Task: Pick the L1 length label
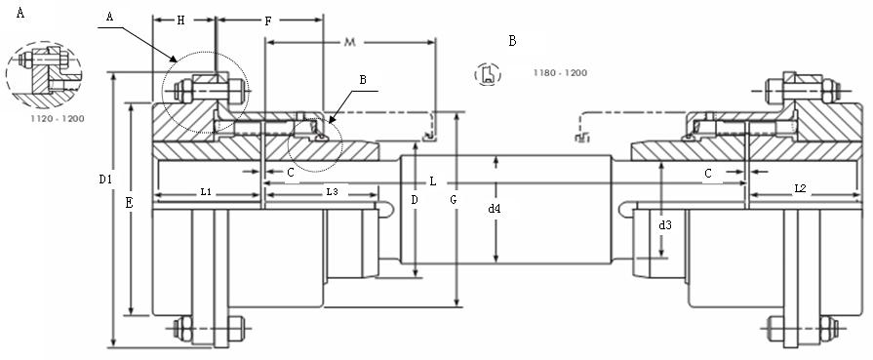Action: pyautogui.click(x=207, y=192)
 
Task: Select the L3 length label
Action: pyautogui.click(x=331, y=192)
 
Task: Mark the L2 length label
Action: pyautogui.click(x=800, y=187)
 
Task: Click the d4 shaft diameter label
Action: pyautogui.click(x=496, y=208)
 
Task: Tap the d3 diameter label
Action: pyautogui.click(x=665, y=225)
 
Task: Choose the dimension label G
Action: pyautogui.click(x=452, y=200)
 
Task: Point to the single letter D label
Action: pyautogui.click(x=415, y=200)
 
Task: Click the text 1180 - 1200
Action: pyautogui.click(x=560, y=73)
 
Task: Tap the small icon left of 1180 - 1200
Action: pyautogui.click(x=488, y=74)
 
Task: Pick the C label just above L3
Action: pyautogui.click(x=291, y=172)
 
